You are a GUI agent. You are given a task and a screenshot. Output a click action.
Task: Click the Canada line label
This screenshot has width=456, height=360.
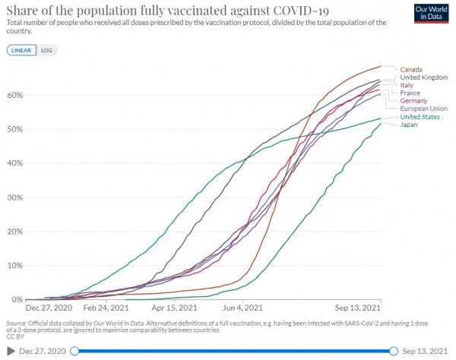410,70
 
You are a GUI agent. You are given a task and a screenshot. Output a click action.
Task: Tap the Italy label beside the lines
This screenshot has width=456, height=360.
407,85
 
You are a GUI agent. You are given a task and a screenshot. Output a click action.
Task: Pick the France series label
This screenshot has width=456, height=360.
410,93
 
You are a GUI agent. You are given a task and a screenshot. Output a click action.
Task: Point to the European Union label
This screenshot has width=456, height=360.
423,109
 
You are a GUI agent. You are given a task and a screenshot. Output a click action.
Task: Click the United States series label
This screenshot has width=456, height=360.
420,116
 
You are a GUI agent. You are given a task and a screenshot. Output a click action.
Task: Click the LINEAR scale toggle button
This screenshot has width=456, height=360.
20,50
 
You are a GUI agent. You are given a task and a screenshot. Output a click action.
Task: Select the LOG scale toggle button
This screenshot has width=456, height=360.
46,50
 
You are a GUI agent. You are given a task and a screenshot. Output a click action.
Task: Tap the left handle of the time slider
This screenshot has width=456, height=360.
73,351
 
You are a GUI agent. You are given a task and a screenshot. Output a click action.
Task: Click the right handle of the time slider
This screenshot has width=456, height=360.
394,351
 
